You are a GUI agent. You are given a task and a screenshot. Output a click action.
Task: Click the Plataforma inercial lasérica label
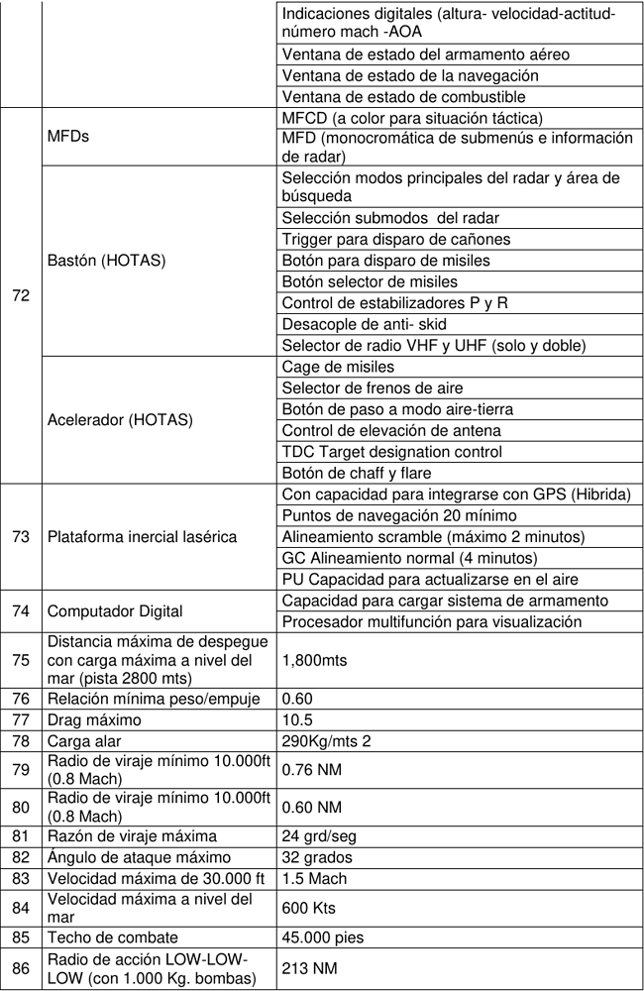coord(142,537)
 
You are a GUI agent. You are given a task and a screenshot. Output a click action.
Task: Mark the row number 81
coord(20,835)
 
